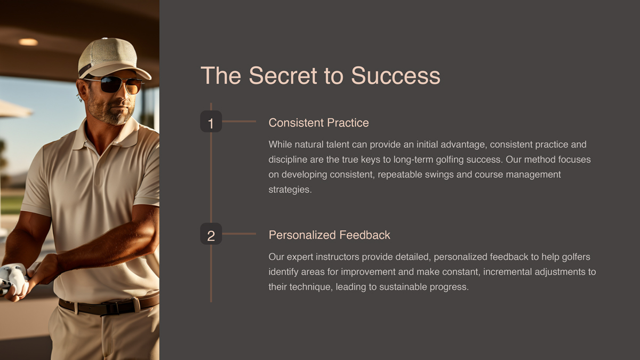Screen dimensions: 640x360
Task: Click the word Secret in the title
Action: click(283, 76)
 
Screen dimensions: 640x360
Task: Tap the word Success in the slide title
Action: click(395, 76)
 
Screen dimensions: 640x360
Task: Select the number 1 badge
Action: click(211, 122)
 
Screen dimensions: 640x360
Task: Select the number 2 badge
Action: click(211, 234)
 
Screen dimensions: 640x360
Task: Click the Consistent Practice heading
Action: click(318, 123)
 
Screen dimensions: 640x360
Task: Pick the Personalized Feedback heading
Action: click(329, 235)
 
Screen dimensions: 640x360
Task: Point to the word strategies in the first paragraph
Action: click(290, 189)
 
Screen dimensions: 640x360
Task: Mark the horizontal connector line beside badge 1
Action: click(239, 122)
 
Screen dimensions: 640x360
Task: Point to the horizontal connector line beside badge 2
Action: click(239, 234)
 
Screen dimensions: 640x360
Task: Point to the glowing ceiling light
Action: click(28, 42)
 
